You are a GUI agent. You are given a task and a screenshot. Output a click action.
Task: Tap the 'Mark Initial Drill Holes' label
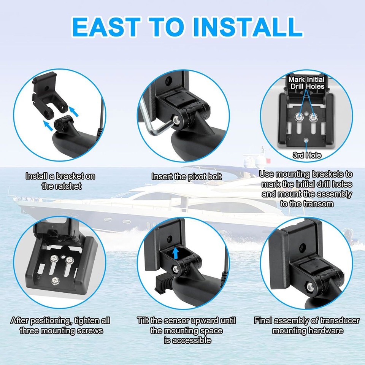pyautogui.click(x=306, y=83)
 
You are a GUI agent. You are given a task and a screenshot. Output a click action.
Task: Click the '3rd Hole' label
pyautogui.click(x=307, y=155)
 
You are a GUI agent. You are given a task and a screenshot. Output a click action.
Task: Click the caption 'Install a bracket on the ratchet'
pyautogui.click(x=60, y=181)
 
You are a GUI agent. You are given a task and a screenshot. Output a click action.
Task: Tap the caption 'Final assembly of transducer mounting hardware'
pyautogui.click(x=306, y=325)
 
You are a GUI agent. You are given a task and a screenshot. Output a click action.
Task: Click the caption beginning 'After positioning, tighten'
pyautogui.click(x=61, y=325)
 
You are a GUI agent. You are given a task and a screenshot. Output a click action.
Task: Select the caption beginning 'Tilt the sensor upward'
pyautogui.click(x=186, y=330)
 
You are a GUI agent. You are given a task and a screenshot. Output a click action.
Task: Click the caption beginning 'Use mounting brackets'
pyautogui.click(x=306, y=189)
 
